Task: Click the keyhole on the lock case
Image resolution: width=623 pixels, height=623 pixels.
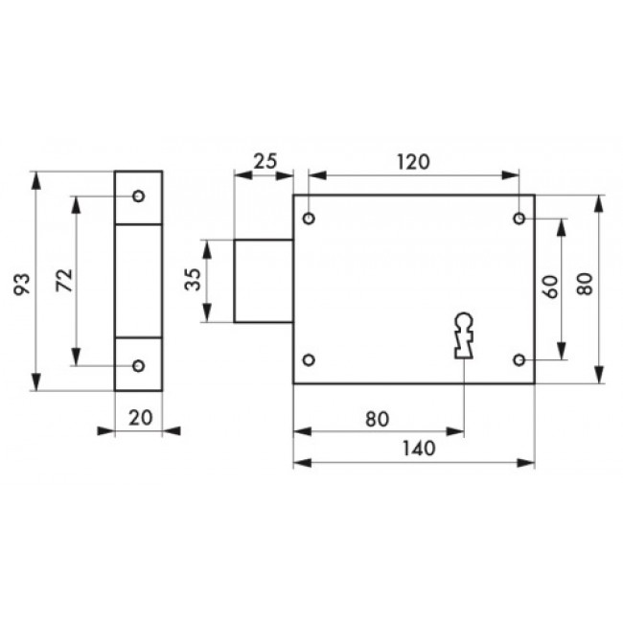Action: [464, 335]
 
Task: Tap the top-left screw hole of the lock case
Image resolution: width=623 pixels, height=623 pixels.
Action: [309, 219]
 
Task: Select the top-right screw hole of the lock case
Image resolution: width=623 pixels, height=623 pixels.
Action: [519, 219]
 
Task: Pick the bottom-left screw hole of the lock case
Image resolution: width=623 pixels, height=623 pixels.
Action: [309, 360]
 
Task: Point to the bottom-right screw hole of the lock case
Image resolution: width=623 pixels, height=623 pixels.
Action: [519, 360]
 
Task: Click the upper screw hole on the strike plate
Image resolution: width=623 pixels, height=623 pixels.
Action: [138, 196]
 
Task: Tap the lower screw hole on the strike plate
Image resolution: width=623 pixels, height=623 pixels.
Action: [138, 365]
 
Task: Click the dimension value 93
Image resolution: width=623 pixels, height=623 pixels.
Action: [22, 284]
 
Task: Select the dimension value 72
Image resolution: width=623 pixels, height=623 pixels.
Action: [64, 281]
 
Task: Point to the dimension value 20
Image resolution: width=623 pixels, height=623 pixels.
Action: [141, 418]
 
